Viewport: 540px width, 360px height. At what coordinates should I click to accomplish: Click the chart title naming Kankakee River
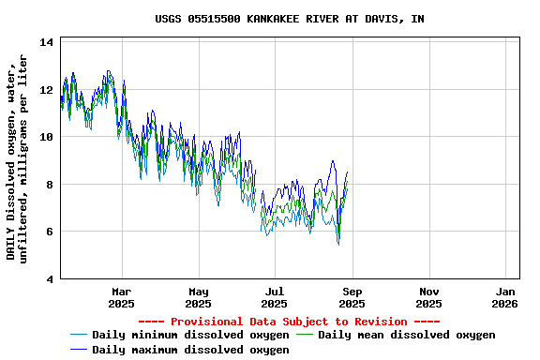coord(289,19)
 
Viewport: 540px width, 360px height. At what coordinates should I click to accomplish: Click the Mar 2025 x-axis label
coord(121,297)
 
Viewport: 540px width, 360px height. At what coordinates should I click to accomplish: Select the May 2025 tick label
coord(198,297)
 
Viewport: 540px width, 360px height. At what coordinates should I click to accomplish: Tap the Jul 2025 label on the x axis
coord(275,297)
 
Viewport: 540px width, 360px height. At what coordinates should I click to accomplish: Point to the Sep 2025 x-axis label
coord(352,297)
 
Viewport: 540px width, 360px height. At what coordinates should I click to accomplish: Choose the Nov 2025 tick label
coord(428,297)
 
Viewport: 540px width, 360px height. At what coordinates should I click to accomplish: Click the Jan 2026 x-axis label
coord(505,297)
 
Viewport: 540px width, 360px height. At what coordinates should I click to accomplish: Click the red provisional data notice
coord(289,322)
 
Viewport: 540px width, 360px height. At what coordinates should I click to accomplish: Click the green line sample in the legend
coord(306,335)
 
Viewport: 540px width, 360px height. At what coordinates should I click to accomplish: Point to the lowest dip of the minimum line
coord(338,244)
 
